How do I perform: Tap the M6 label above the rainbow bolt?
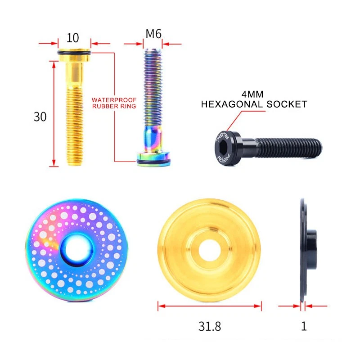coord(153,34)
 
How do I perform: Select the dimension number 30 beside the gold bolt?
coord(40,117)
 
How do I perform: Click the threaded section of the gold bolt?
coord(74,130)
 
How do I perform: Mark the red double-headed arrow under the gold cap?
coord(210,306)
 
